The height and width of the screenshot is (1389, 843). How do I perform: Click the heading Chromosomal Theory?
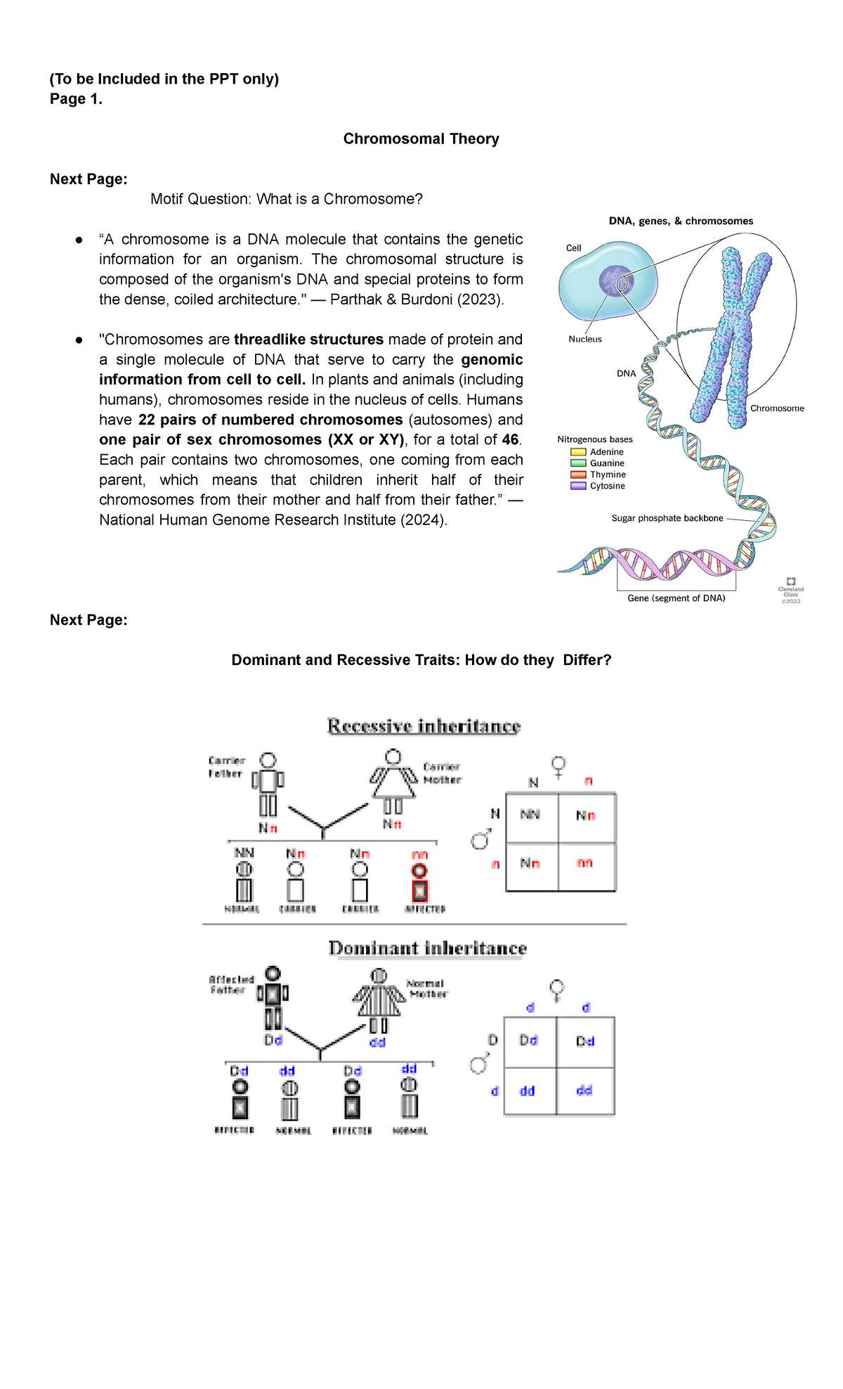tap(421, 138)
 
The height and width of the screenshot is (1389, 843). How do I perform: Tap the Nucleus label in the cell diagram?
tap(584, 339)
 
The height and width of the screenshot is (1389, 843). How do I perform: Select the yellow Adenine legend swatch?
tap(578, 452)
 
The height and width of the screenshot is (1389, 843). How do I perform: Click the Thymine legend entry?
tap(607, 474)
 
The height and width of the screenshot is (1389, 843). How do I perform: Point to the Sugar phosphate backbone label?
tap(667, 518)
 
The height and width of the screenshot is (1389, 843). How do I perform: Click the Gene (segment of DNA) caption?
tap(676, 598)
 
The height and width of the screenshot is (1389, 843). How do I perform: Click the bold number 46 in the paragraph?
tap(510, 439)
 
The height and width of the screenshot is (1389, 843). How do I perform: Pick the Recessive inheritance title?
tap(424, 726)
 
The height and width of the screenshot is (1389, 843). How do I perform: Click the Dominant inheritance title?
tap(427, 948)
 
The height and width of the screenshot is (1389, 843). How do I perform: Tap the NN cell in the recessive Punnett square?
tap(530, 815)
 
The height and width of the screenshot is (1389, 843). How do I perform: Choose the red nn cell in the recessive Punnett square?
tap(585, 863)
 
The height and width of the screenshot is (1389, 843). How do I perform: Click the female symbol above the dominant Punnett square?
tap(557, 990)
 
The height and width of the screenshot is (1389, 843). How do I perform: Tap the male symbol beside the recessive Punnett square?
tap(481, 839)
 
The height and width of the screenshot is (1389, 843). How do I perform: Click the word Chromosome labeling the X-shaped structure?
tap(776, 408)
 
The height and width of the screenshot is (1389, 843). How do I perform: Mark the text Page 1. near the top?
tap(76, 99)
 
